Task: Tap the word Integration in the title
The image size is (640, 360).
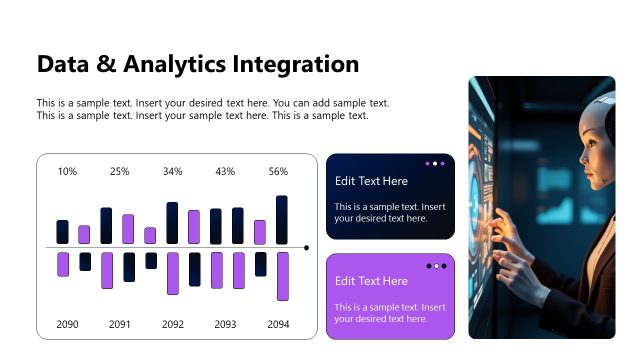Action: (x=295, y=65)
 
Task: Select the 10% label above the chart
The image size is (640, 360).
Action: (x=67, y=172)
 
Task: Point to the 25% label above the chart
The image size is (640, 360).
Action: (x=120, y=172)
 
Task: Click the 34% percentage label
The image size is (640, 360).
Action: (x=173, y=172)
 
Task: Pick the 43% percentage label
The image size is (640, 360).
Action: (x=225, y=172)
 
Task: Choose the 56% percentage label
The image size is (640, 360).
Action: (x=278, y=172)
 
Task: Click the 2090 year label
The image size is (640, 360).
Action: (x=67, y=324)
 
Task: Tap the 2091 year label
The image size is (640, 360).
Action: (x=120, y=324)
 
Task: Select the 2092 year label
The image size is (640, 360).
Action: (x=173, y=324)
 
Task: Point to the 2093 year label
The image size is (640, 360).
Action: (x=225, y=324)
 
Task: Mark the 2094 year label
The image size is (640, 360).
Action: (x=278, y=324)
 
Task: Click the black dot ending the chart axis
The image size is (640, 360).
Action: (x=306, y=247)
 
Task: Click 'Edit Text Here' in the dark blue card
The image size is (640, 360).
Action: (x=371, y=181)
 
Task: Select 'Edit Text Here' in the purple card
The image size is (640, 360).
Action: (x=371, y=281)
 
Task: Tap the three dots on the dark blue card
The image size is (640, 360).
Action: (x=435, y=163)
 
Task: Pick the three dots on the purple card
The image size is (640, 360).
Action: (x=435, y=266)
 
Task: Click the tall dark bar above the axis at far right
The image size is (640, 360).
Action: (x=282, y=220)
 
